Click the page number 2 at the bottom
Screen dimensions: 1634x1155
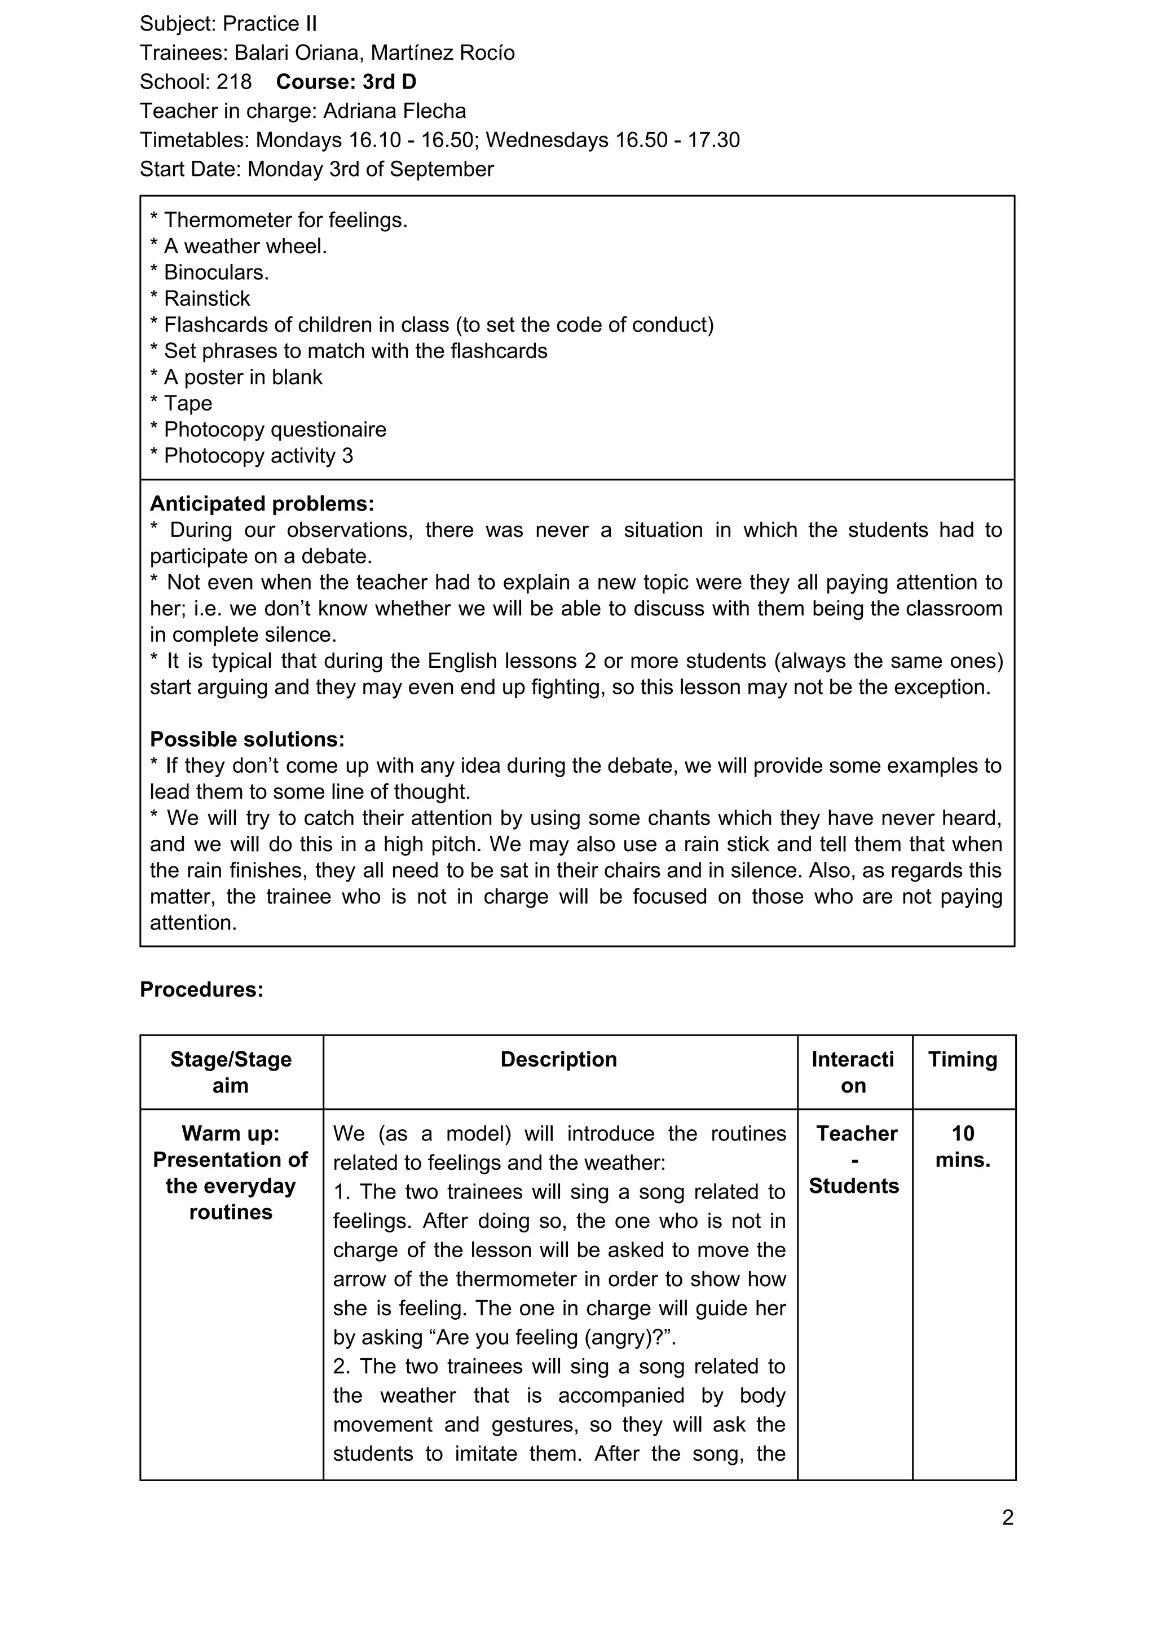1007,1518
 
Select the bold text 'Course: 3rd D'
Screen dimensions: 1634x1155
346,82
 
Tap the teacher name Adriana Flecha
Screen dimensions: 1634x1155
394,111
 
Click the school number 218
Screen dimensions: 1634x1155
234,82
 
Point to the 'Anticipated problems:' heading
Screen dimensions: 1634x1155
262,504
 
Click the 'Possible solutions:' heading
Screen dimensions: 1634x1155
247,739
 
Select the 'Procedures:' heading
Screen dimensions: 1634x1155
201,989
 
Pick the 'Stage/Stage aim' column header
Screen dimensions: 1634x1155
231,1072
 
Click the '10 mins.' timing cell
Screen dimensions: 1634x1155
962,1147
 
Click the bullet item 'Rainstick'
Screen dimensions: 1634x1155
206,298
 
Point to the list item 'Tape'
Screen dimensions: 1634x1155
188,403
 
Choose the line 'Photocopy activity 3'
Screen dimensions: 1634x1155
258,456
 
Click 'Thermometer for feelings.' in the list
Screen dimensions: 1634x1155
285,220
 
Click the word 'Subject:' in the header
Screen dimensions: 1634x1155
178,24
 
